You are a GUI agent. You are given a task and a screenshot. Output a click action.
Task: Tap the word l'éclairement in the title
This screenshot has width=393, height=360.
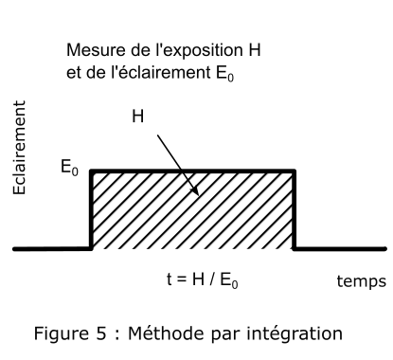click(x=161, y=72)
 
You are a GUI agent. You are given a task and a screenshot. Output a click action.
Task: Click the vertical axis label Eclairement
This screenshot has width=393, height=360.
click(x=19, y=148)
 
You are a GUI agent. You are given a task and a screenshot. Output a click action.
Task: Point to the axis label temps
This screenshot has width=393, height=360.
click(x=362, y=281)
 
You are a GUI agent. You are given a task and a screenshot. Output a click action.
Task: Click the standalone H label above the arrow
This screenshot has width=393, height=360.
click(x=138, y=117)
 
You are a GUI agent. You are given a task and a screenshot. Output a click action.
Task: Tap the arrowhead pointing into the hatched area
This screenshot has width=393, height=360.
click(x=194, y=190)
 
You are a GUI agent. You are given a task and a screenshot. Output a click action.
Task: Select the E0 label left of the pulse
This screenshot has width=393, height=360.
click(x=69, y=167)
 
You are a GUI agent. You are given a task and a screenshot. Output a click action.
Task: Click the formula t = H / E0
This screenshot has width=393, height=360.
click(x=202, y=279)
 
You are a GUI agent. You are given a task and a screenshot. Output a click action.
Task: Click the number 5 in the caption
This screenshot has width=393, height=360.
click(x=101, y=333)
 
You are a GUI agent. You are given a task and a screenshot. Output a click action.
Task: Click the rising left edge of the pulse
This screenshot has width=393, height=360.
click(x=91, y=210)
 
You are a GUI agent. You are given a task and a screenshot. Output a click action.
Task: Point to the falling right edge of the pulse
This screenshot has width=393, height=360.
click(x=294, y=210)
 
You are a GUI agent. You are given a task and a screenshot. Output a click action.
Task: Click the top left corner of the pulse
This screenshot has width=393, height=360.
click(x=91, y=171)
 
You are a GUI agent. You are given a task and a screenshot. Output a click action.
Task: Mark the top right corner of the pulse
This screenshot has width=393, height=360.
click(x=294, y=171)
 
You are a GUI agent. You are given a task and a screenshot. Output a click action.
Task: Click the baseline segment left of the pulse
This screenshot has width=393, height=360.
click(x=52, y=249)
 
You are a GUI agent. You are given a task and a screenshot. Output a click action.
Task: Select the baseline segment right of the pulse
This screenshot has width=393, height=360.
click(x=340, y=249)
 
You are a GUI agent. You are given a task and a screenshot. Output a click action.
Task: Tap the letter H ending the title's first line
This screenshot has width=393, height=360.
click(x=254, y=50)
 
